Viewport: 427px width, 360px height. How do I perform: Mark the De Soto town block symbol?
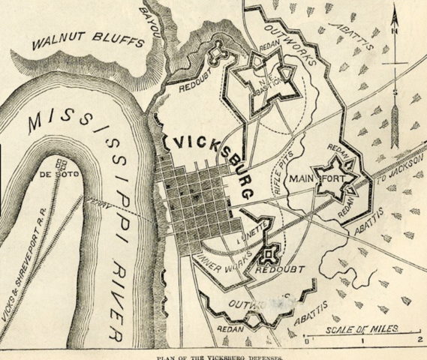(x=62, y=163)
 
